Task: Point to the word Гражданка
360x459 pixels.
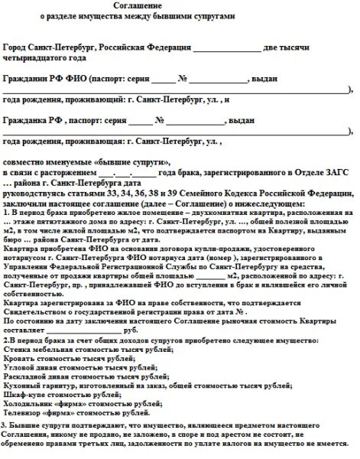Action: pos(27,121)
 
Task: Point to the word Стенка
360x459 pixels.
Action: pos(18,347)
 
